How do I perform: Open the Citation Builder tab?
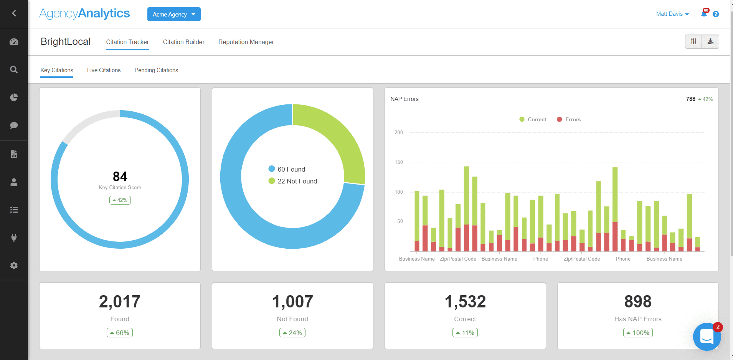[x=183, y=42]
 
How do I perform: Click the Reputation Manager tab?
[x=246, y=42]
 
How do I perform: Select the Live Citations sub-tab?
[x=104, y=70]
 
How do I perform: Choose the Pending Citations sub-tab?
[x=156, y=70]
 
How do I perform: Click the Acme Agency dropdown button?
[x=174, y=14]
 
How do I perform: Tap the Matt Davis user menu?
[x=672, y=14]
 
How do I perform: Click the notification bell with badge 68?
[x=704, y=14]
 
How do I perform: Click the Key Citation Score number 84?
[x=120, y=176]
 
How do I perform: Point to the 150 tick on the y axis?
[x=399, y=162]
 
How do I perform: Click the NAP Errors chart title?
[x=404, y=99]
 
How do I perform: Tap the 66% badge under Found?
[x=120, y=333]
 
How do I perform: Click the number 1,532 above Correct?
[x=465, y=302]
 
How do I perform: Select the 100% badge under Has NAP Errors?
[x=638, y=333]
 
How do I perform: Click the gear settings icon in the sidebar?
[x=14, y=265]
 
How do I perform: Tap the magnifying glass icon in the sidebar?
[x=14, y=70]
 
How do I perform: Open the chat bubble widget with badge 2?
[x=707, y=337]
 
